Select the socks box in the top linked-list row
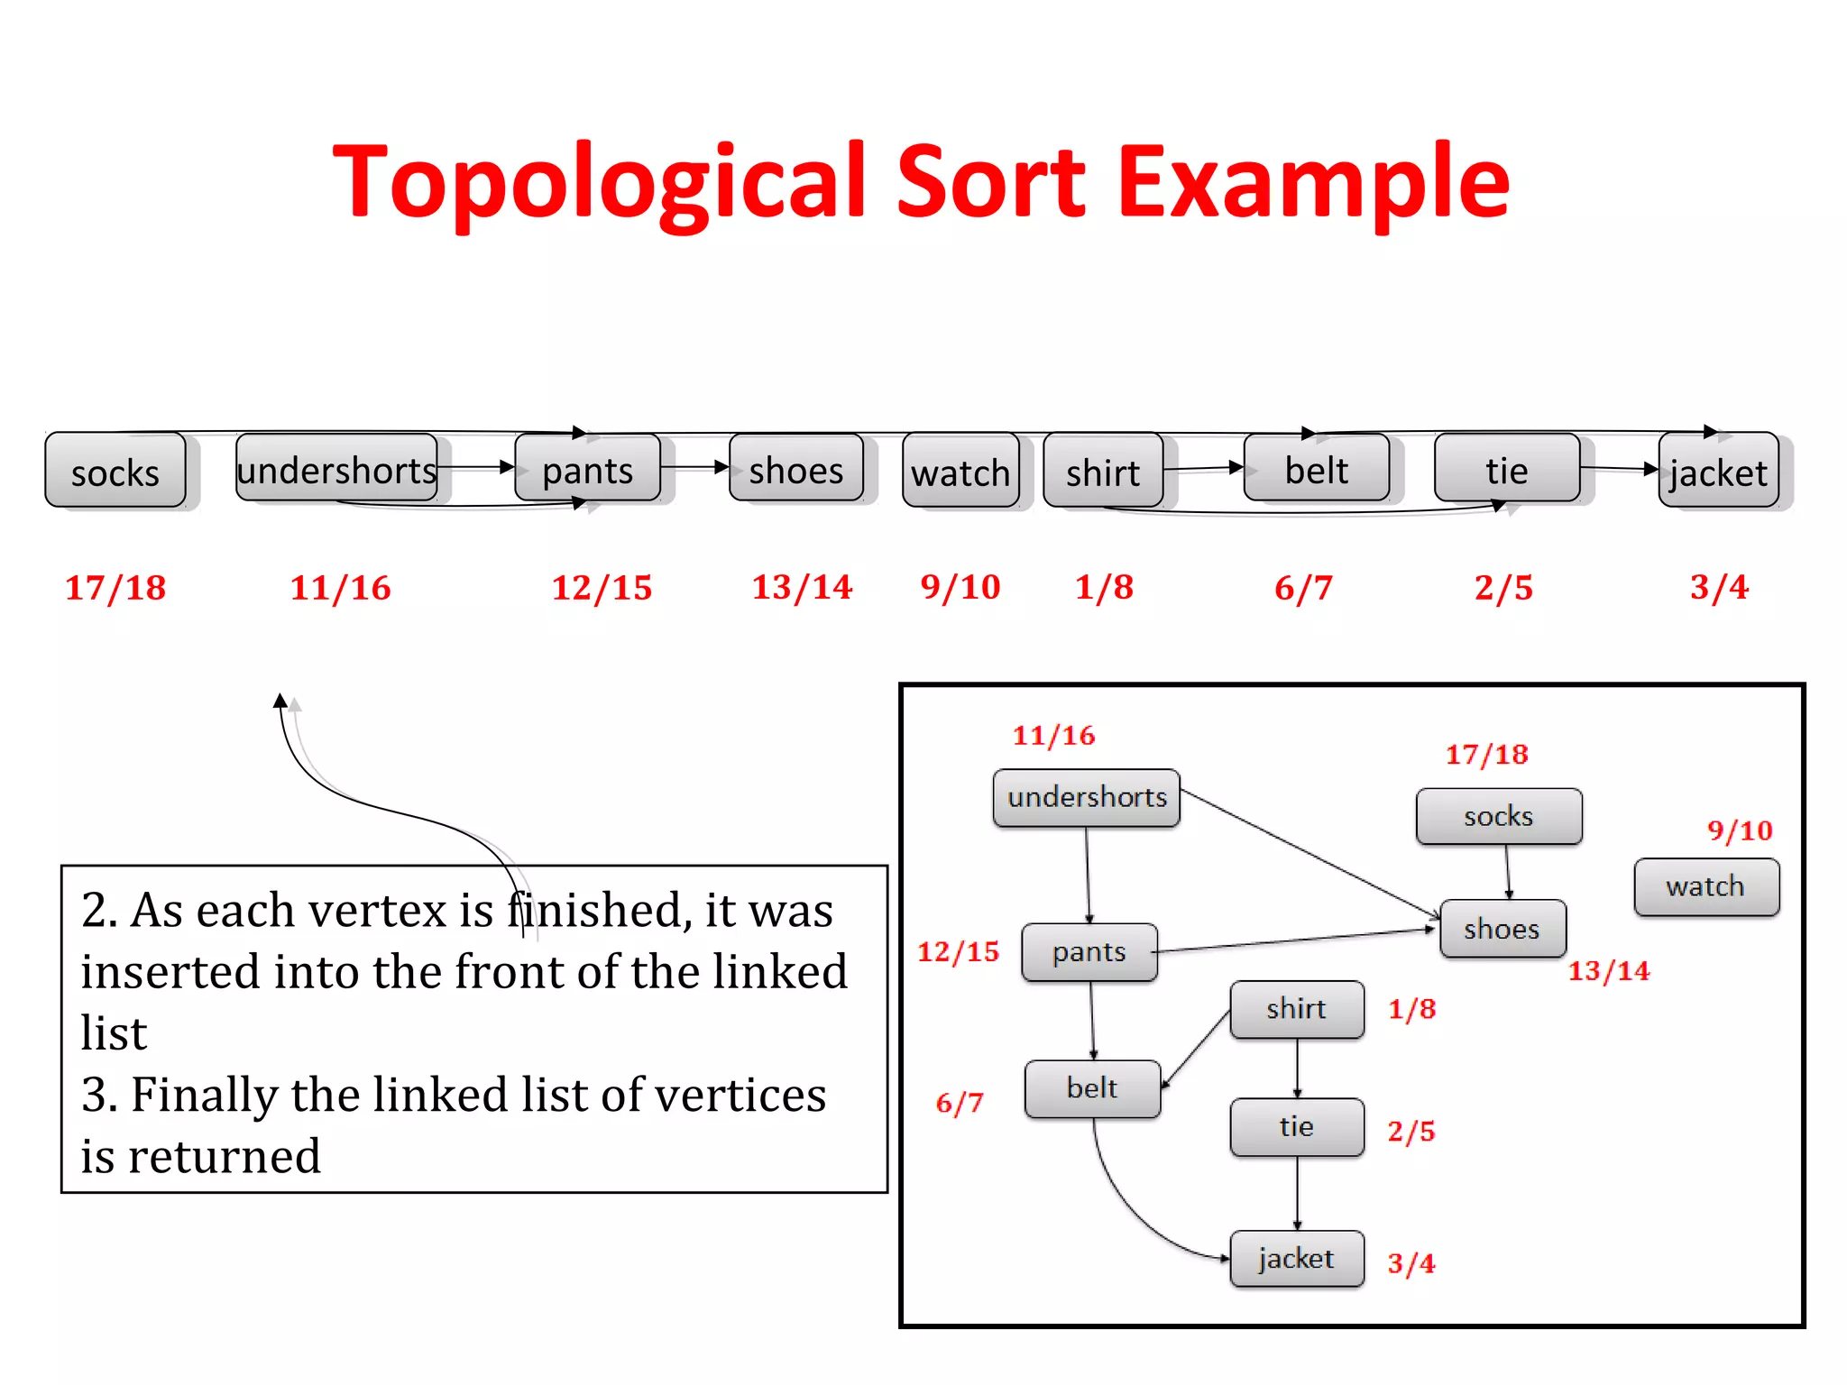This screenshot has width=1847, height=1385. point(115,471)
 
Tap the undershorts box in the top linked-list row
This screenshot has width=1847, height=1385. point(336,469)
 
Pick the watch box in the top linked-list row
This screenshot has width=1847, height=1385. point(960,471)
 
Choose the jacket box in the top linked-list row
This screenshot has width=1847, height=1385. point(1718,471)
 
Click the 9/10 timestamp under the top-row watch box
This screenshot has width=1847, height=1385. point(960,587)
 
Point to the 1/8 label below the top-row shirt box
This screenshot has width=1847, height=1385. point(1104,587)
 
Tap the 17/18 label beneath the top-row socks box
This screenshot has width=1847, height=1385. point(115,588)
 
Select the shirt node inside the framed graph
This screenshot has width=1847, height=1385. point(1296,1009)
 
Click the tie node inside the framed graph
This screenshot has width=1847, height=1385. point(1296,1126)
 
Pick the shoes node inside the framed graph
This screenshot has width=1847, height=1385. point(1502,929)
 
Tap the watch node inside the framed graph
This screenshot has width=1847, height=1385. point(1705,886)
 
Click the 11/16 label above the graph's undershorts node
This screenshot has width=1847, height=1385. point(1053,735)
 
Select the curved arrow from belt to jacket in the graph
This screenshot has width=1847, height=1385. point(1127,1208)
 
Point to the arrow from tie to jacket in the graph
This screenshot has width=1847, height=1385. point(1298,1192)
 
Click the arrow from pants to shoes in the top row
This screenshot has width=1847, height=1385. point(694,467)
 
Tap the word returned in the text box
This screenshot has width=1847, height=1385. point(225,1156)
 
